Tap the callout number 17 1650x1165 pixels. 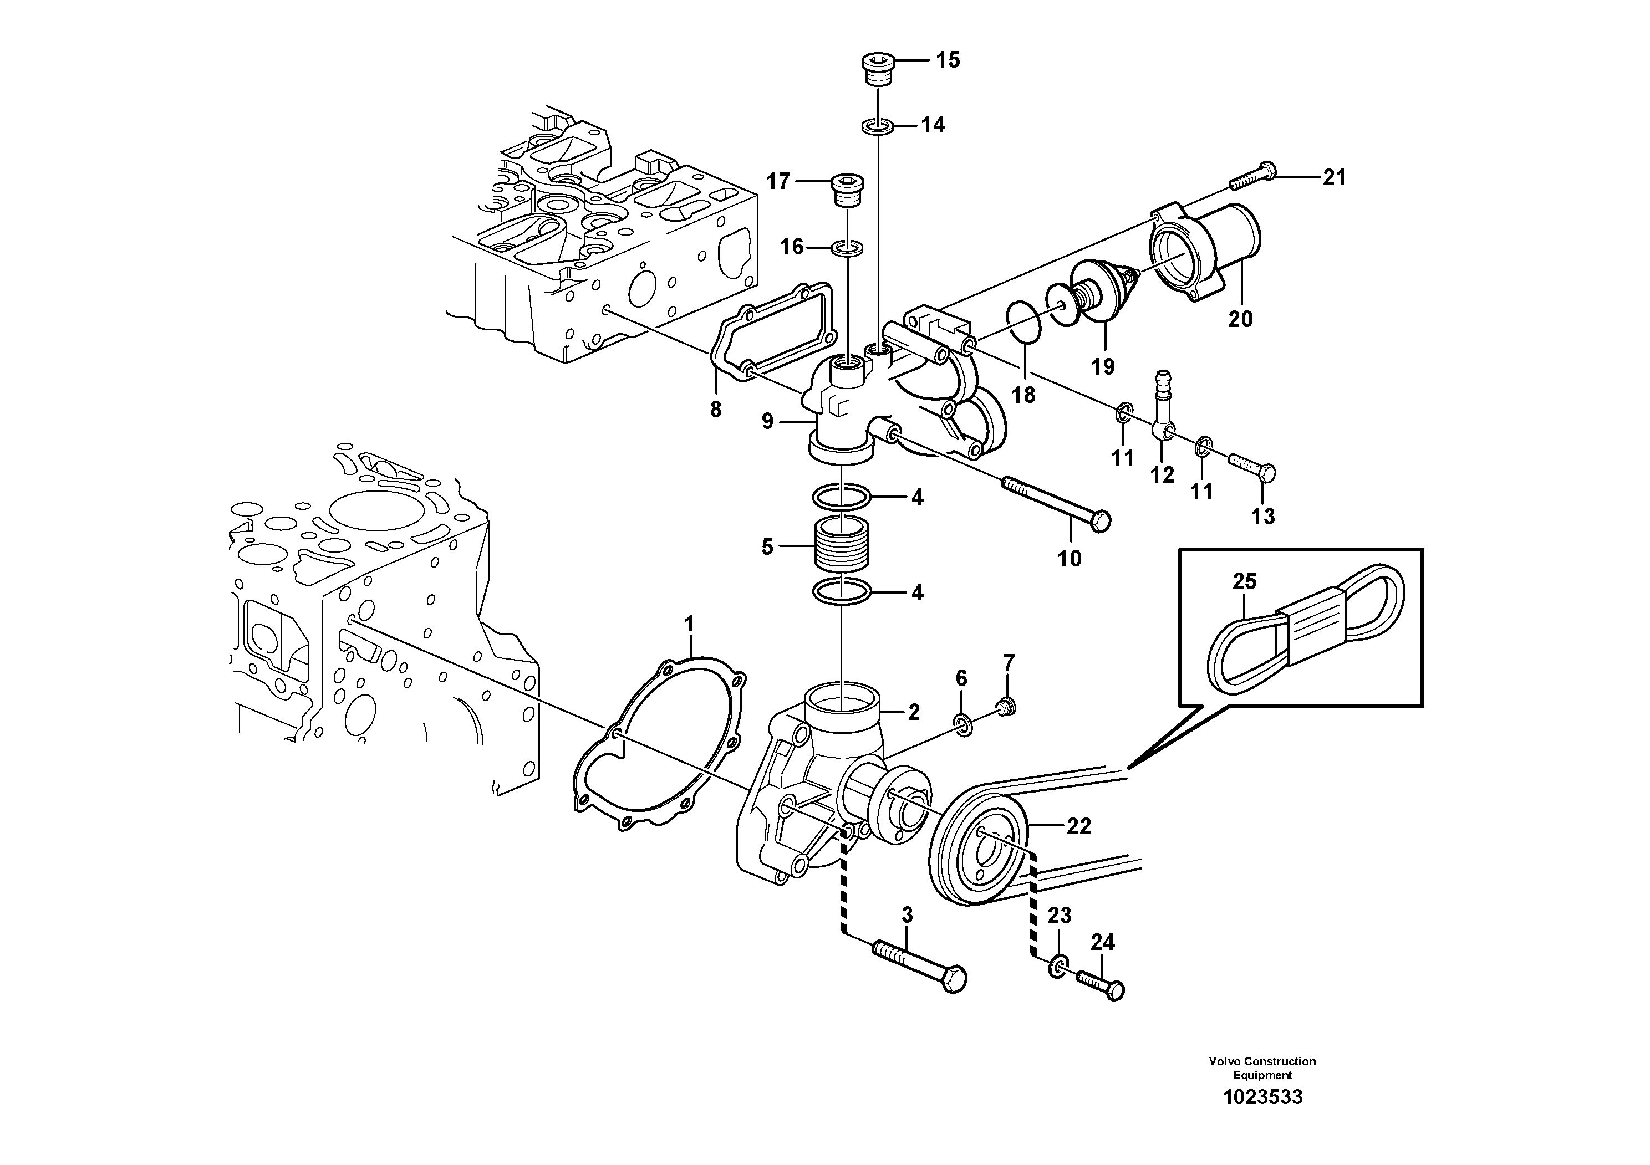778,182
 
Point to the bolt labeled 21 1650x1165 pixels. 1254,177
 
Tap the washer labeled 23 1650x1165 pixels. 1058,967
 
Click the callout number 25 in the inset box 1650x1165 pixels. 1245,581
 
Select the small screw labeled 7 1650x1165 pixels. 1007,707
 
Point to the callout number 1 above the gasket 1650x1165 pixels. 690,624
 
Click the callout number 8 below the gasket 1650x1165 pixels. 715,410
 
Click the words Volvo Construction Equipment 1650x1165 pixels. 1262,1067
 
